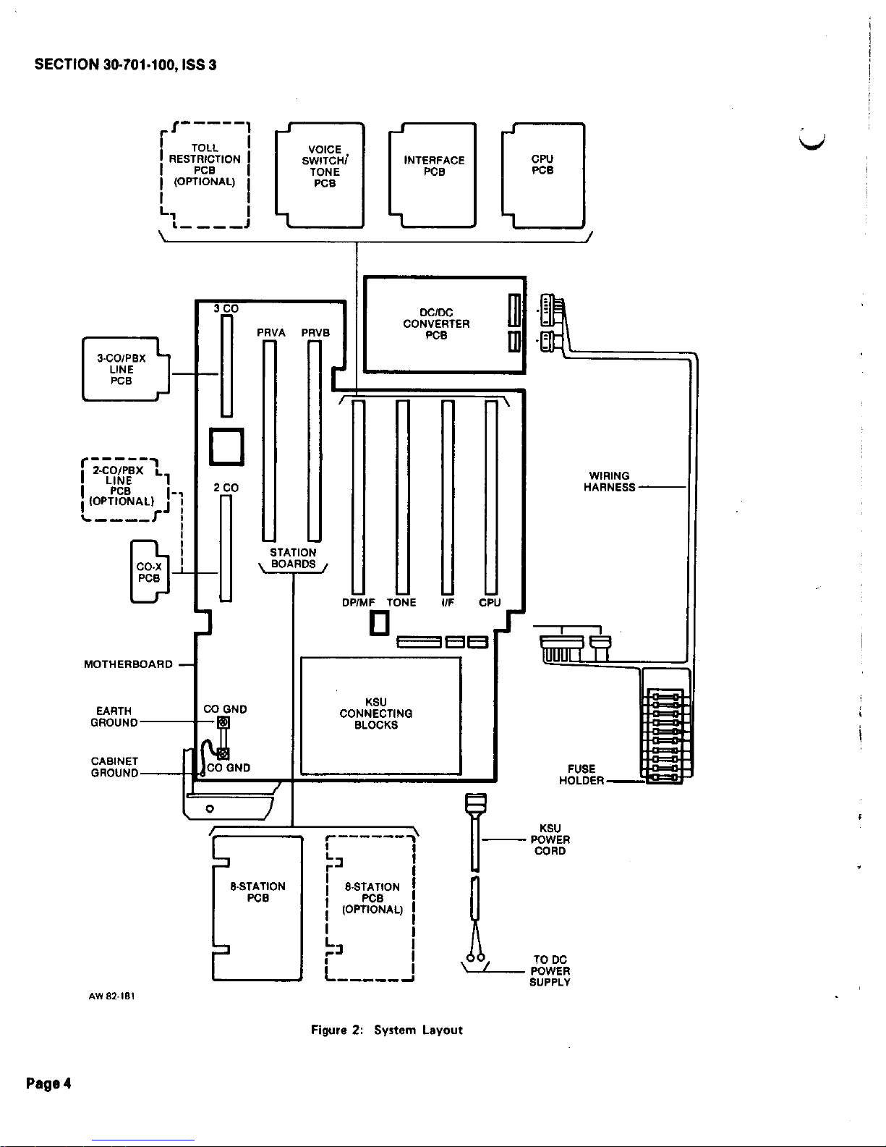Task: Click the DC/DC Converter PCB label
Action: click(436, 323)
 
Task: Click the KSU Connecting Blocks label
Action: click(376, 713)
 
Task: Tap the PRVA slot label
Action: click(271, 333)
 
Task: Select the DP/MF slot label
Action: click(358, 602)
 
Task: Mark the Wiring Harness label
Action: click(609, 481)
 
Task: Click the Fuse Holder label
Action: click(582, 774)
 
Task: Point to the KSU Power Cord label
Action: click(550, 839)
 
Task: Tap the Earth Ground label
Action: click(114, 717)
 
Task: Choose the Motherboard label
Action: click(128, 664)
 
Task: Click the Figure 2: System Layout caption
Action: click(386, 1030)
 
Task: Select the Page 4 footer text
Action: click(48, 1083)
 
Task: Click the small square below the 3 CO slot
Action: click(227, 446)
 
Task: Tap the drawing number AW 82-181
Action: click(112, 996)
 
